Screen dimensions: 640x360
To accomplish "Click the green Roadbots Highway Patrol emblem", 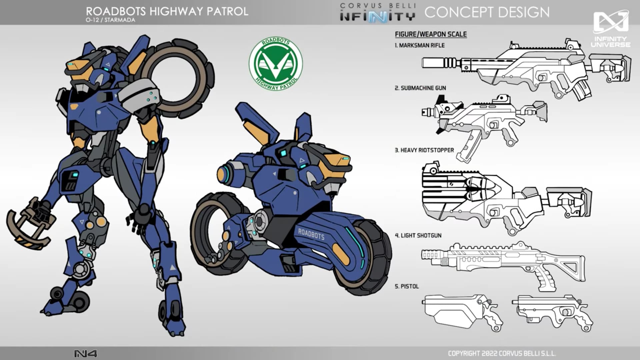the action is click(276, 64).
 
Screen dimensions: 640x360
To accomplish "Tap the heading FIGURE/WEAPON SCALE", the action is click(431, 34).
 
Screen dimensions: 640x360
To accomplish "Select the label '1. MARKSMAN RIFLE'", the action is click(420, 45).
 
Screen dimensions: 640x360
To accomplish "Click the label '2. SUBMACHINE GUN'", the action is click(420, 88).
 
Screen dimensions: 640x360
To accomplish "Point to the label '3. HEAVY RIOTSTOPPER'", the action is click(424, 150).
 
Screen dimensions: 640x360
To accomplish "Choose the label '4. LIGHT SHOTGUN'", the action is click(418, 236).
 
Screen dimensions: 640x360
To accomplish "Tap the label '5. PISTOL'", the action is click(407, 286).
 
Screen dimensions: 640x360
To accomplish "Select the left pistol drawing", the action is click(463, 311).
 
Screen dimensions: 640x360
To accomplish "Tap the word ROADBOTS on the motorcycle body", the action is click(311, 234).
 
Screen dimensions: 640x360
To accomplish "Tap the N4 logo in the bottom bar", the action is click(86, 354).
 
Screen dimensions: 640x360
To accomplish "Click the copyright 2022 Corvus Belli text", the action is click(502, 354).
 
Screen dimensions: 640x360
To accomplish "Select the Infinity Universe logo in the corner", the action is click(611, 29).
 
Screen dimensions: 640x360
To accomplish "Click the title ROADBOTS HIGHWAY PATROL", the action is click(167, 11).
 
